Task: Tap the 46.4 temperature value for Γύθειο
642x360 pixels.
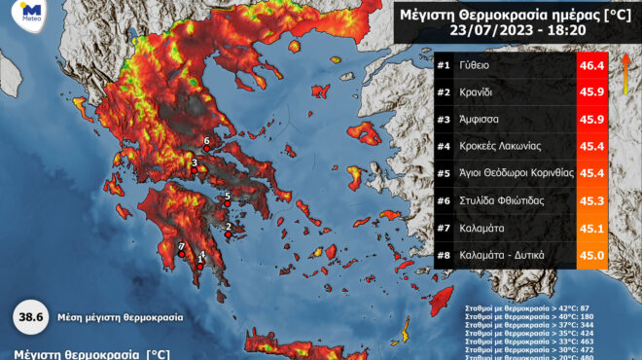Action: tap(592, 66)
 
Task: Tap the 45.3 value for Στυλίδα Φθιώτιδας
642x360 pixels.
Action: tap(592, 201)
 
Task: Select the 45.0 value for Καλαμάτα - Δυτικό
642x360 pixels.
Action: tap(592, 255)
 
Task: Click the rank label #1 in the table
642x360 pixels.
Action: tap(444, 66)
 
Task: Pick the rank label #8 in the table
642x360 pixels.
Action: tap(444, 255)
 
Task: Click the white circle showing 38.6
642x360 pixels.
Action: tap(29, 317)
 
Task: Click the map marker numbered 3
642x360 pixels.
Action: tap(194, 168)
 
